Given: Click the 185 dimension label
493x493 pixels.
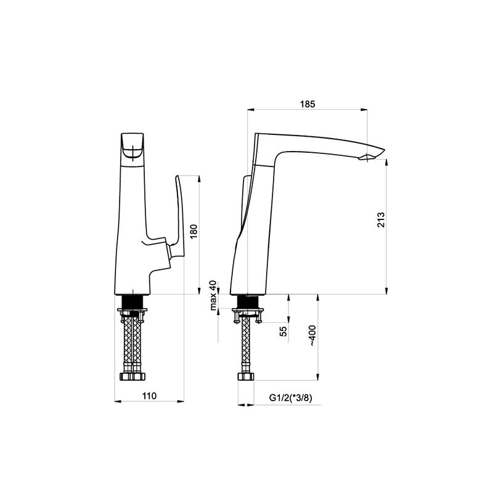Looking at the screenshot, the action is [307, 104].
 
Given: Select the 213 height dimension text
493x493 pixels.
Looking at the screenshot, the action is [381, 220].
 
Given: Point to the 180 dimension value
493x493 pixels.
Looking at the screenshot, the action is [194, 232].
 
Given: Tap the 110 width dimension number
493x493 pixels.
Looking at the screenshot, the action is [149, 396].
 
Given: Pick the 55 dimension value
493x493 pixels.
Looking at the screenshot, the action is [283, 332].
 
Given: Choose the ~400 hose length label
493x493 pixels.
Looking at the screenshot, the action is [312, 336].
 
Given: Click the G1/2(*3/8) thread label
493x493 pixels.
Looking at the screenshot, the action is [290, 398].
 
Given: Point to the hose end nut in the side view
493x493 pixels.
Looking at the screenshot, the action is [246, 376].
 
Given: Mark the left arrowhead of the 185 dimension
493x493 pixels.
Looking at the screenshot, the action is [251, 110].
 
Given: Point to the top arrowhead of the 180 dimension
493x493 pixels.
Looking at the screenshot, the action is [198, 179].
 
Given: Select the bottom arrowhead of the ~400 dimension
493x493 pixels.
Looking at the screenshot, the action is [318, 377].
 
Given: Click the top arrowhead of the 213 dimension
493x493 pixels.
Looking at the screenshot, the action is [386, 163].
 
